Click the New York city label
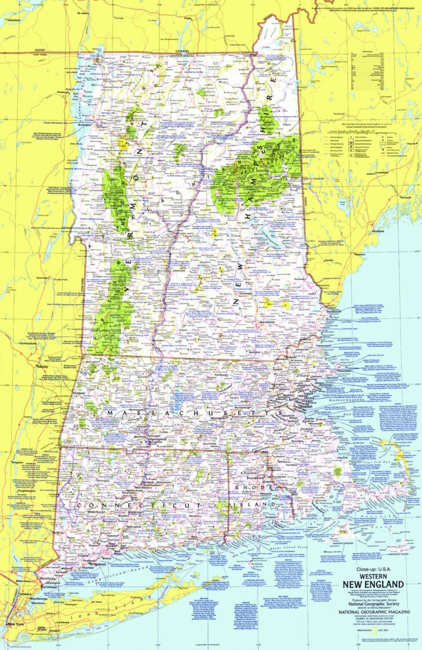tap(15, 624)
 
